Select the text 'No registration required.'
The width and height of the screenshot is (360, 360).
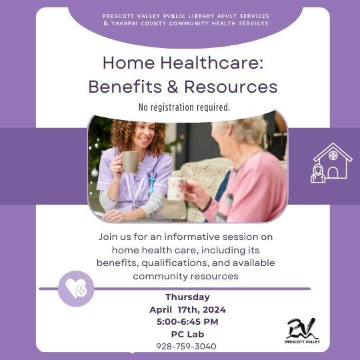[x=183, y=107]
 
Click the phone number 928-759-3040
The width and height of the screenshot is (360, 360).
[x=186, y=346]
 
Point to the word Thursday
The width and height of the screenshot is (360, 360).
[x=187, y=297]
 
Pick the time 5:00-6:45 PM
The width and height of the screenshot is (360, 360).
[x=187, y=321]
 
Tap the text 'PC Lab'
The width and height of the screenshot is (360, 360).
[x=187, y=333]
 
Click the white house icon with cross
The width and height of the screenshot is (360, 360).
[x=332, y=162]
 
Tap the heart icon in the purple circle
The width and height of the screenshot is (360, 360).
[x=76, y=288]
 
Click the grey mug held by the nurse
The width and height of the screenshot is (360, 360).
[x=129, y=161]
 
